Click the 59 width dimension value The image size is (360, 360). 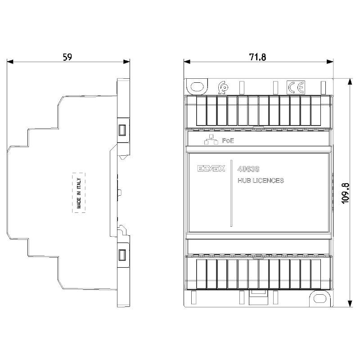tap(67, 57)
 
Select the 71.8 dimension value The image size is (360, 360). tap(257, 57)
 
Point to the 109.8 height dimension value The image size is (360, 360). tap(345, 193)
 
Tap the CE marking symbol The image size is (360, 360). tap(296, 87)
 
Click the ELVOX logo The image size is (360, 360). tap(211, 168)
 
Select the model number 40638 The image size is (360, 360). tap(248, 169)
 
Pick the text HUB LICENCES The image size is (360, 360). tap(261, 180)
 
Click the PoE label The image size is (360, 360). tap(228, 140)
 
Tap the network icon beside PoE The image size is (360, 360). tap(211, 139)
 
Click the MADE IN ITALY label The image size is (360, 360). tap(79, 193)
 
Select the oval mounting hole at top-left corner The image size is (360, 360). tap(197, 86)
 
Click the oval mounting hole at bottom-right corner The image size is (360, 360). tap(320, 298)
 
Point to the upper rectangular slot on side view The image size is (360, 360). tap(122, 130)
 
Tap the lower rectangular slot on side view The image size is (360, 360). tap(122, 255)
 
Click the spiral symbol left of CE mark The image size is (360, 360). tap(223, 87)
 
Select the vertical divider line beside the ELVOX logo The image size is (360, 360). tap(231, 193)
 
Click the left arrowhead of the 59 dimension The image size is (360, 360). tap(10, 62)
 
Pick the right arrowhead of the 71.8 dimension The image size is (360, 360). tap(330, 62)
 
